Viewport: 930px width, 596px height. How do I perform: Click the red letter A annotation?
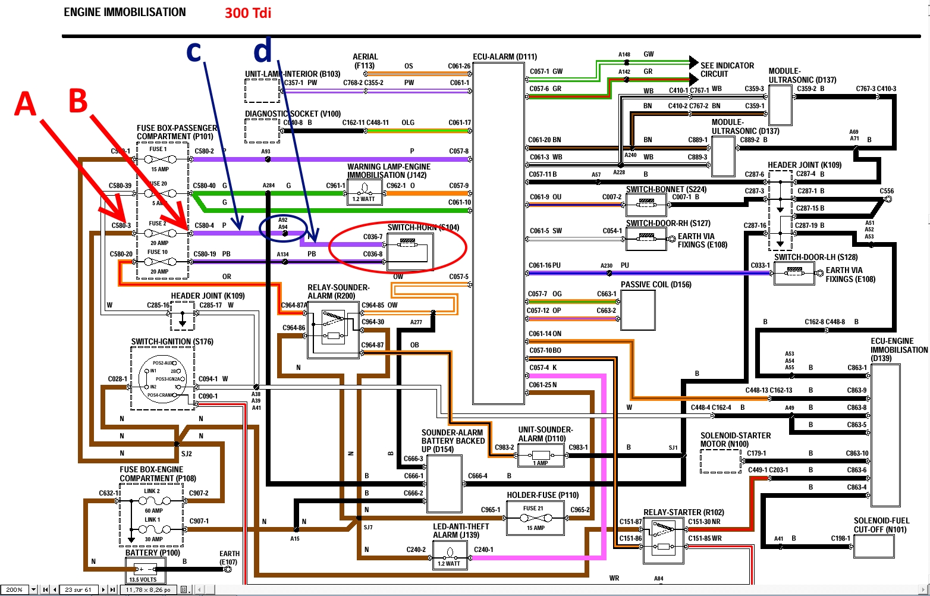(x=26, y=103)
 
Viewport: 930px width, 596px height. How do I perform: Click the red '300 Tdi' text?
(x=248, y=12)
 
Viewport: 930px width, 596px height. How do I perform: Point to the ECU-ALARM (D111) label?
(x=505, y=57)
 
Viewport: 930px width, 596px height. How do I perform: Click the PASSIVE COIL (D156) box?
(x=637, y=309)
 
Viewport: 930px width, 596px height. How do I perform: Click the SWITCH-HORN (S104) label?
(x=423, y=227)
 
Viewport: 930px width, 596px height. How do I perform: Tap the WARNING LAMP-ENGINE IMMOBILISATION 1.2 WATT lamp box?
(x=365, y=192)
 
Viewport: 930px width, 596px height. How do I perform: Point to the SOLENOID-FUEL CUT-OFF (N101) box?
(x=873, y=546)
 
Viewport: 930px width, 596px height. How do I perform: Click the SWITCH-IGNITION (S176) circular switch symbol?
(x=162, y=378)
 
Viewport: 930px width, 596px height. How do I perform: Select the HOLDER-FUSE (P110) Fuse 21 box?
(x=535, y=517)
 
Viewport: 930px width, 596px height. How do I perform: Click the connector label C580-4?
(x=205, y=226)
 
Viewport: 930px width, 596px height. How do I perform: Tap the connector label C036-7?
(x=373, y=237)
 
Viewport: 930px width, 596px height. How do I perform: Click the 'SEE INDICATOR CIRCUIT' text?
(x=727, y=70)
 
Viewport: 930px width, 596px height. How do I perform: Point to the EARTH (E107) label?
(x=229, y=557)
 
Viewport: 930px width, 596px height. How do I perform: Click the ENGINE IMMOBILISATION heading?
(x=125, y=12)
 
